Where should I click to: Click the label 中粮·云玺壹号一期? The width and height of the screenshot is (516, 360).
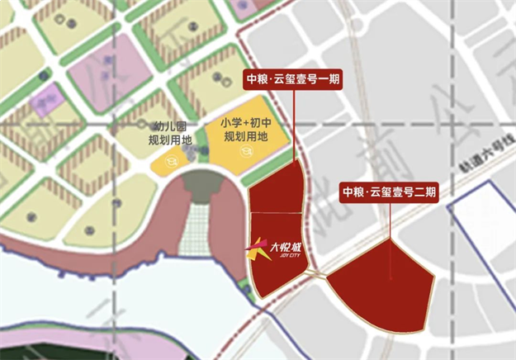click(x=293, y=80)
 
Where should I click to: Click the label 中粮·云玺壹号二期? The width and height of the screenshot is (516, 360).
click(x=389, y=192)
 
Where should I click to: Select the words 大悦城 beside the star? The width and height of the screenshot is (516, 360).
click(x=286, y=245)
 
